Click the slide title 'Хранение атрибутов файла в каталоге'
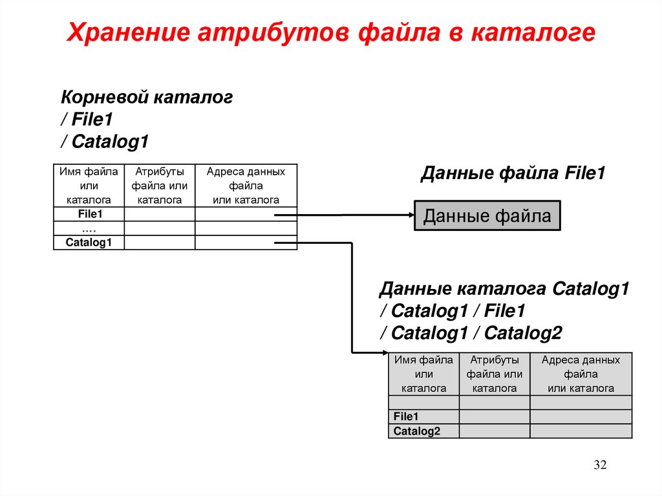[x=330, y=33]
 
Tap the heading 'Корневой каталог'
[x=147, y=98]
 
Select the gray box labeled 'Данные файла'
[x=487, y=215]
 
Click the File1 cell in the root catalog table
[x=89, y=214]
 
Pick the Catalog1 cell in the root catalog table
[x=89, y=243]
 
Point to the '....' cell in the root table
[x=89, y=228]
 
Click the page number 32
[x=600, y=466]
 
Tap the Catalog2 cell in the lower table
[x=417, y=431]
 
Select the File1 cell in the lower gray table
[x=407, y=417]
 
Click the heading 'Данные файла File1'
[x=513, y=174]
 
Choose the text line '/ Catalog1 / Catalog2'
[x=471, y=333]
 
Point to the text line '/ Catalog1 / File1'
[x=453, y=311]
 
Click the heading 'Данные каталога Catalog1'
[x=504, y=288]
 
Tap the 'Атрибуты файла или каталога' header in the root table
[x=159, y=186]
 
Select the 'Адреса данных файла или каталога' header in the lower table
[x=581, y=374]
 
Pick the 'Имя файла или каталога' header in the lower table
[x=423, y=374]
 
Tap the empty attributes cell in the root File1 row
[x=159, y=214]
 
